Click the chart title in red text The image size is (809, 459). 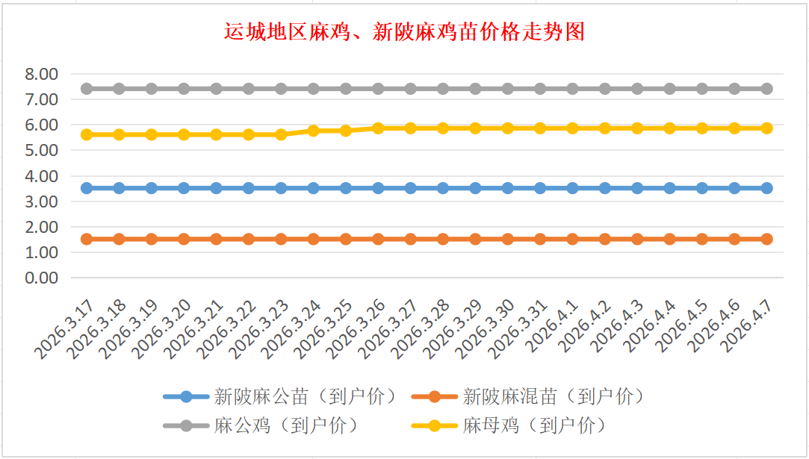coord(404,32)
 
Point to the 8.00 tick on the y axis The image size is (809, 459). coord(41,75)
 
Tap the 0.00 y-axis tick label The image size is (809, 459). coord(41,278)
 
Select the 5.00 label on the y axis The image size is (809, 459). coord(41,151)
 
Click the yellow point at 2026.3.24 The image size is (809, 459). coord(314,131)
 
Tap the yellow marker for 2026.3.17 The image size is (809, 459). coord(87,134)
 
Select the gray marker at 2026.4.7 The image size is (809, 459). coord(767,89)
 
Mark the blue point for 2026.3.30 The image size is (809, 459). coord(508,188)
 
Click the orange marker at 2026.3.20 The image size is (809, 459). coord(184,240)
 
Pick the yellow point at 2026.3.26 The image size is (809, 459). coord(378,128)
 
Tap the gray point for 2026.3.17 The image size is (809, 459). coord(87,89)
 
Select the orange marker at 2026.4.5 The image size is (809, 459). coord(702,240)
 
